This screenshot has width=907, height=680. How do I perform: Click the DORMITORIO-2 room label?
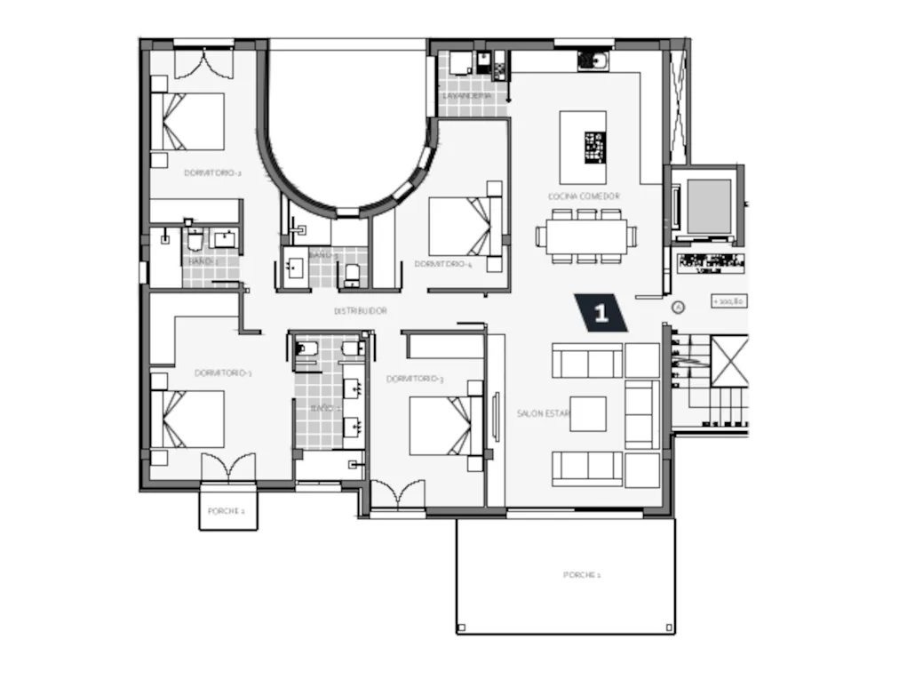(212, 173)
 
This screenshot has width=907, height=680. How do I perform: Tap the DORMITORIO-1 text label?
(223, 373)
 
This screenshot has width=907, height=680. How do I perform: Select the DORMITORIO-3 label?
(415, 380)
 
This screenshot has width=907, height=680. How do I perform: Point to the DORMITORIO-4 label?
(442, 264)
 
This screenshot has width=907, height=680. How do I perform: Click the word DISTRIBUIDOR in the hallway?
(360, 311)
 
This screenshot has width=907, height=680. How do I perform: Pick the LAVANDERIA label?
(467, 95)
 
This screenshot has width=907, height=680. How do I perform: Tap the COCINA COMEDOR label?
(584, 196)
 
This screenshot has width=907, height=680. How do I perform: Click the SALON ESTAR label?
(543, 413)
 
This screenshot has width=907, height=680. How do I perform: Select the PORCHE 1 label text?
(582, 575)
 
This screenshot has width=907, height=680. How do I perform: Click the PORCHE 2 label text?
(227, 511)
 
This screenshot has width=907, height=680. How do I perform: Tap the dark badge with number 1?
(601, 313)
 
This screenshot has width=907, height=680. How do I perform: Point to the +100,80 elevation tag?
(728, 301)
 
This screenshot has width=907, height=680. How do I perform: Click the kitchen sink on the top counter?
(593, 60)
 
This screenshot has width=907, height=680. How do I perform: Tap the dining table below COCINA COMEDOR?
(585, 236)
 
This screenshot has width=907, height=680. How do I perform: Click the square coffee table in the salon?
(587, 413)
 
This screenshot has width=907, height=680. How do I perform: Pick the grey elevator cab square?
(709, 205)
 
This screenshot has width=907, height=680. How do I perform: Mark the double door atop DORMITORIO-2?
(203, 64)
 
